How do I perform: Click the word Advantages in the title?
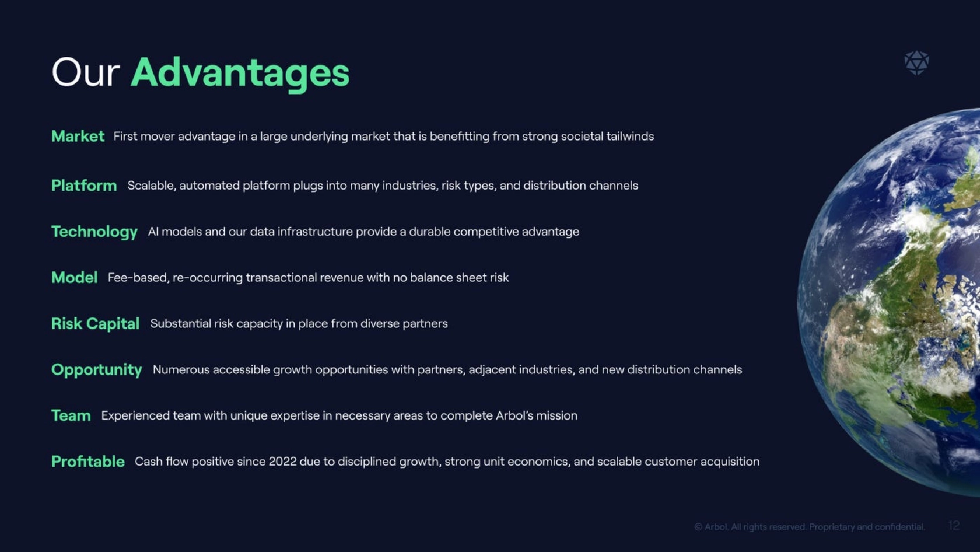click(x=240, y=73)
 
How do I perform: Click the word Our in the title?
click(x=85, y=72)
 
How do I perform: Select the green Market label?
click(x=78, y=136)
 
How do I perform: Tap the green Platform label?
click(x=84, y=186)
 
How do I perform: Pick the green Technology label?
click(x=94, y=232)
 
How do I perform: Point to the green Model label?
click(x=75, y=278)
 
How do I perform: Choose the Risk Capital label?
click(x=96, y=323)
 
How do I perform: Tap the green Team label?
click(x=71, y=415)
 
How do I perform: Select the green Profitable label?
click(x=88, y=462)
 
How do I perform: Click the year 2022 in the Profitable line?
click(x=282, y=462)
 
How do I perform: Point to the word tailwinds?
click(x=630, y=136)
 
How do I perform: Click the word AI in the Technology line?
click(x=153, y=232)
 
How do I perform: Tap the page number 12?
click(x=954, y=526)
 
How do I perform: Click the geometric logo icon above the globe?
click(x=917, y=63)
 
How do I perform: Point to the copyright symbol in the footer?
click(x=698, y=527)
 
